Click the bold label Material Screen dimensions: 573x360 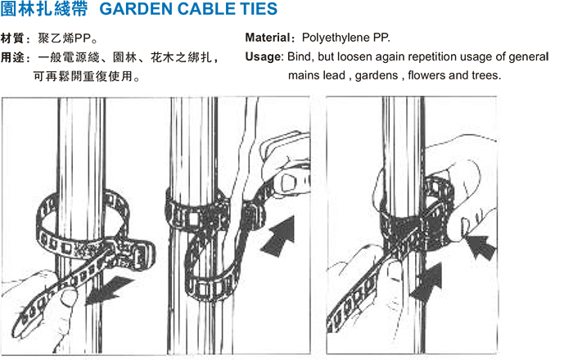click(268, 38)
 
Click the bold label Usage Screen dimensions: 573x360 click(263, 57)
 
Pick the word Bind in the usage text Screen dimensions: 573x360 click(299, 56)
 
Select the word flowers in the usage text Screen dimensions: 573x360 click(426, 75)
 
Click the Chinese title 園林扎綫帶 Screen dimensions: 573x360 click(44, 9)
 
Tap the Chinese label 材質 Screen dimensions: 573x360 click(12, 38)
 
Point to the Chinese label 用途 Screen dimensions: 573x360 click(12, 57)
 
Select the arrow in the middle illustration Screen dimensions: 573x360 click(279, 236)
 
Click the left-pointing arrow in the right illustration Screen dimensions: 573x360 click(482, 246)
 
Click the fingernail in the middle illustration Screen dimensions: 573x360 click(288, 183)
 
